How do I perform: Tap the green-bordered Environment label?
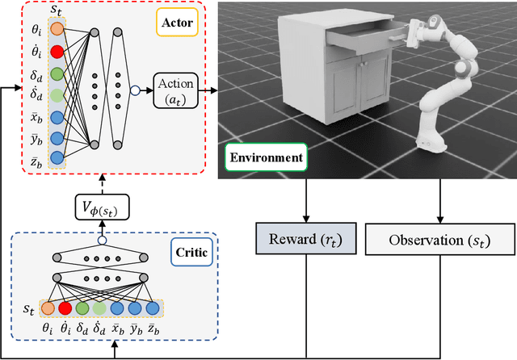click(266, 157)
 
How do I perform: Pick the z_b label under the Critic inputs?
click(151, 330)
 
